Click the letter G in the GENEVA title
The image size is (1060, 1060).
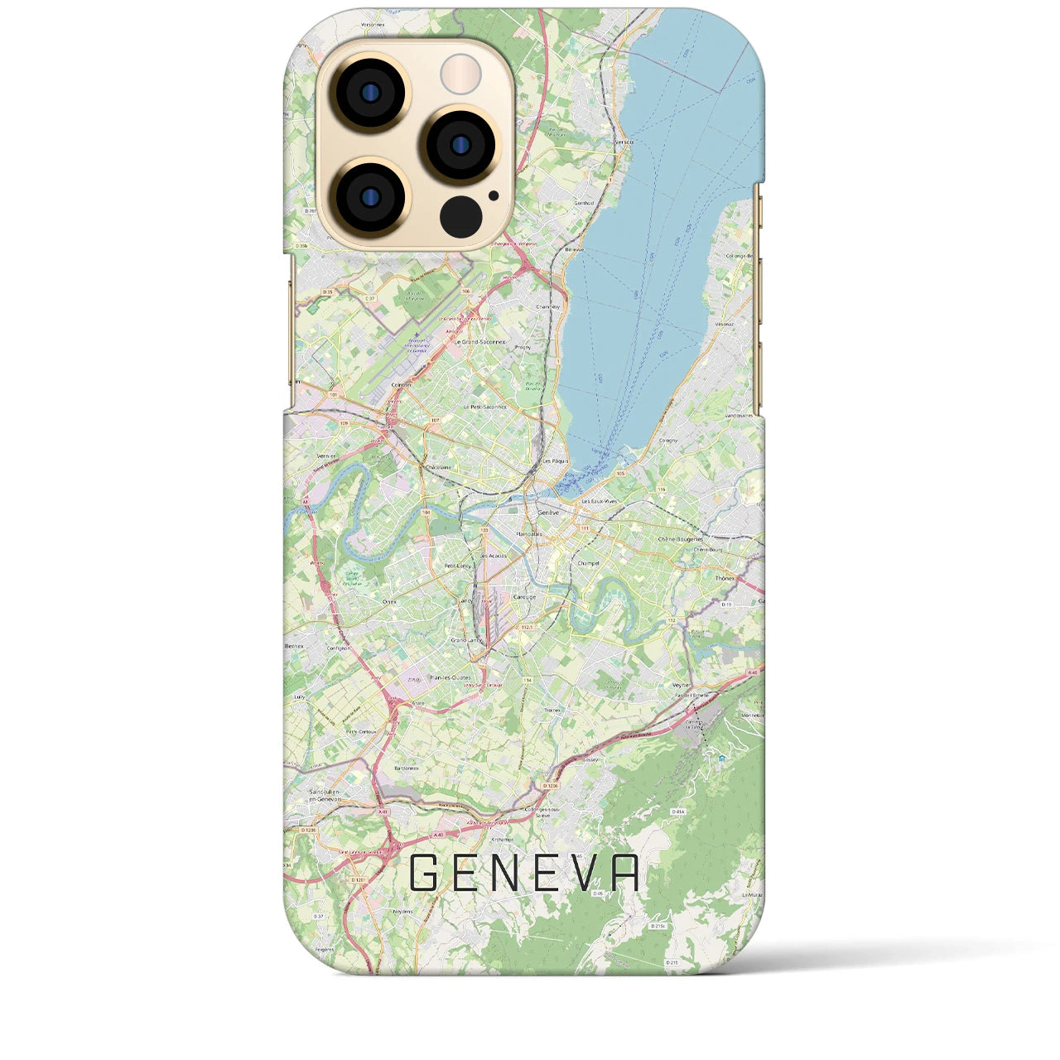[423, 873]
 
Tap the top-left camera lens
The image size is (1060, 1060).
[369, 94]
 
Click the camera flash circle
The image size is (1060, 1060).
[460, 75]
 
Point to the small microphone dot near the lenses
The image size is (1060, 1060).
[494, 196]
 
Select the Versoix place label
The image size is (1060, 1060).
[624, 142]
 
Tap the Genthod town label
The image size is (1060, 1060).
[584, 203]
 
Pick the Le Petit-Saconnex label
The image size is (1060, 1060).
[485, 407]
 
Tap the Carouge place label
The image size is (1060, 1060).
[525, 597]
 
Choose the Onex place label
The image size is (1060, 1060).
[390, 602]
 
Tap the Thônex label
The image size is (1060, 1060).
[725, 580]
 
